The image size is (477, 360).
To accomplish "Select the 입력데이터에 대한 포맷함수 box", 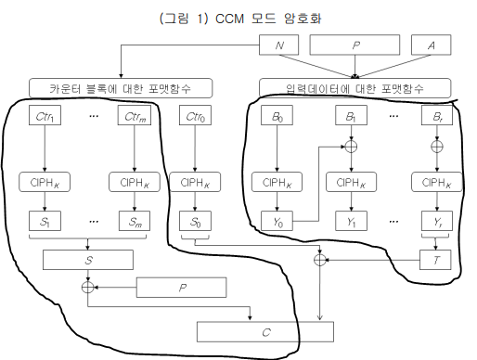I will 355,88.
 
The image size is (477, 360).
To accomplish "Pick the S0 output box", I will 193,223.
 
